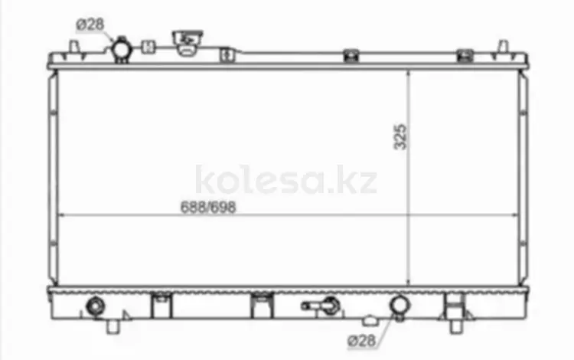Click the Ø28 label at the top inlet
[90, 25]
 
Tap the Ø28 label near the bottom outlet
[362, 341]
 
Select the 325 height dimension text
[400, 137]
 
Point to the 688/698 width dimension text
[208, 208]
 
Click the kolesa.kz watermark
[286, 180]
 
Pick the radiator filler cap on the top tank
[187, 42]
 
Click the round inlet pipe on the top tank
[121, 50]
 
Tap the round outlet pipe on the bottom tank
[399, 306]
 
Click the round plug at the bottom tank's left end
[95, 306]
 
